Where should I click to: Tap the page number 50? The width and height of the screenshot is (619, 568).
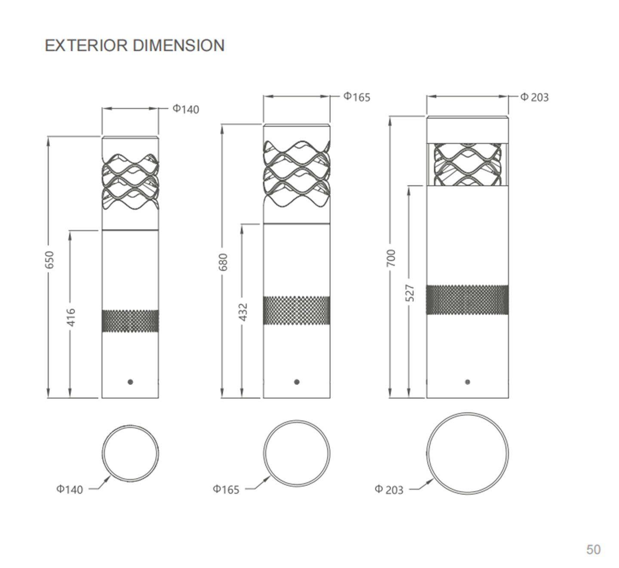[x=593, y=550]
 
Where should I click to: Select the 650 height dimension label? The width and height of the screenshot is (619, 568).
[x=50, y=260]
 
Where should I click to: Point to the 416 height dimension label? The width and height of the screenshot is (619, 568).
[x=71, y=317]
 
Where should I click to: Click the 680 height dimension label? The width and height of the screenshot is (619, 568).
[x=223, y=262]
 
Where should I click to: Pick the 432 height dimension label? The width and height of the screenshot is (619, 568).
[x=243, y=312]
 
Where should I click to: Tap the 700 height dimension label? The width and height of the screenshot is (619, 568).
[x=391, y=258]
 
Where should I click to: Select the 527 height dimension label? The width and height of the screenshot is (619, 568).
[x=411, y=293]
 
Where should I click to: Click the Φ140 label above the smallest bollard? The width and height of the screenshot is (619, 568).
[x=186, y=109]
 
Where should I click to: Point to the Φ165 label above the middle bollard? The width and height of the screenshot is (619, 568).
[x=356, y=97]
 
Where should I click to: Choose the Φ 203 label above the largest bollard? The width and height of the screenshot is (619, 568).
[x=534, y=97]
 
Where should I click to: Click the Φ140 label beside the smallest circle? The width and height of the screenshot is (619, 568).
[x=70, y=489]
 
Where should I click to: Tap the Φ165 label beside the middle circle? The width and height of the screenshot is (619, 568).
[x=226, y=489]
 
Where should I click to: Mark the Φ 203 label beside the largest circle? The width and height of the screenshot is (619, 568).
[x=389, y=489]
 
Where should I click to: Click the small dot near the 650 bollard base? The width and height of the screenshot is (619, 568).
[x=130, y=382]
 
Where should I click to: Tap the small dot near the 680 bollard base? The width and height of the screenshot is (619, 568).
[x=297, y=382]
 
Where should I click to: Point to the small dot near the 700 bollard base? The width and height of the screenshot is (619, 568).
[x=467, y=382]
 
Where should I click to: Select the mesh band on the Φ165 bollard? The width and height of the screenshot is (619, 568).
[x=297, y=310]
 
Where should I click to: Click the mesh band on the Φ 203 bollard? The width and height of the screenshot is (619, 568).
[x=467, y=299]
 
